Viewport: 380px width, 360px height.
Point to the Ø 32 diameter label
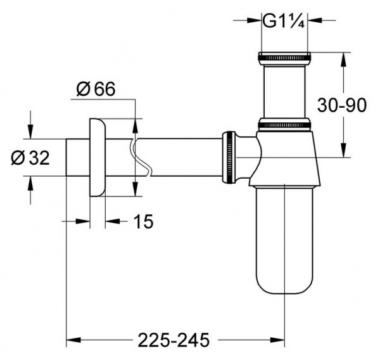click(x=31, y=158)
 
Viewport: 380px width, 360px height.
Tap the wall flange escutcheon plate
click(x=96, y=157)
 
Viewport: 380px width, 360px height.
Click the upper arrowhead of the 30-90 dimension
click(x=343, y=58)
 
